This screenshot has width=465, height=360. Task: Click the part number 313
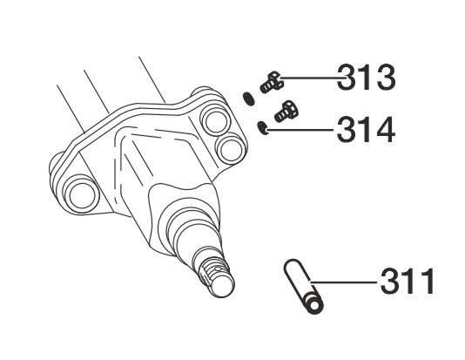click(x=367, y=78)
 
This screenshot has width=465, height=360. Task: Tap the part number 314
click(x=367, y=130)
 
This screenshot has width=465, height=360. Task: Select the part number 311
click(x=408, y=281)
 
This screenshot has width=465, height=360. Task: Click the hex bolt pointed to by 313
click(x=272, y=82)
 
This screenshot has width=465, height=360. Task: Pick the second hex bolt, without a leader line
click(x=286, y=112)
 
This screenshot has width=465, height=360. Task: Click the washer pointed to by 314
click(x=263, y=128)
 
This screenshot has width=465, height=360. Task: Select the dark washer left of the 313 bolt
click(x=248, y=98)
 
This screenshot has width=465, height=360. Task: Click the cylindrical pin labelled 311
click(x=303, y=286)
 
